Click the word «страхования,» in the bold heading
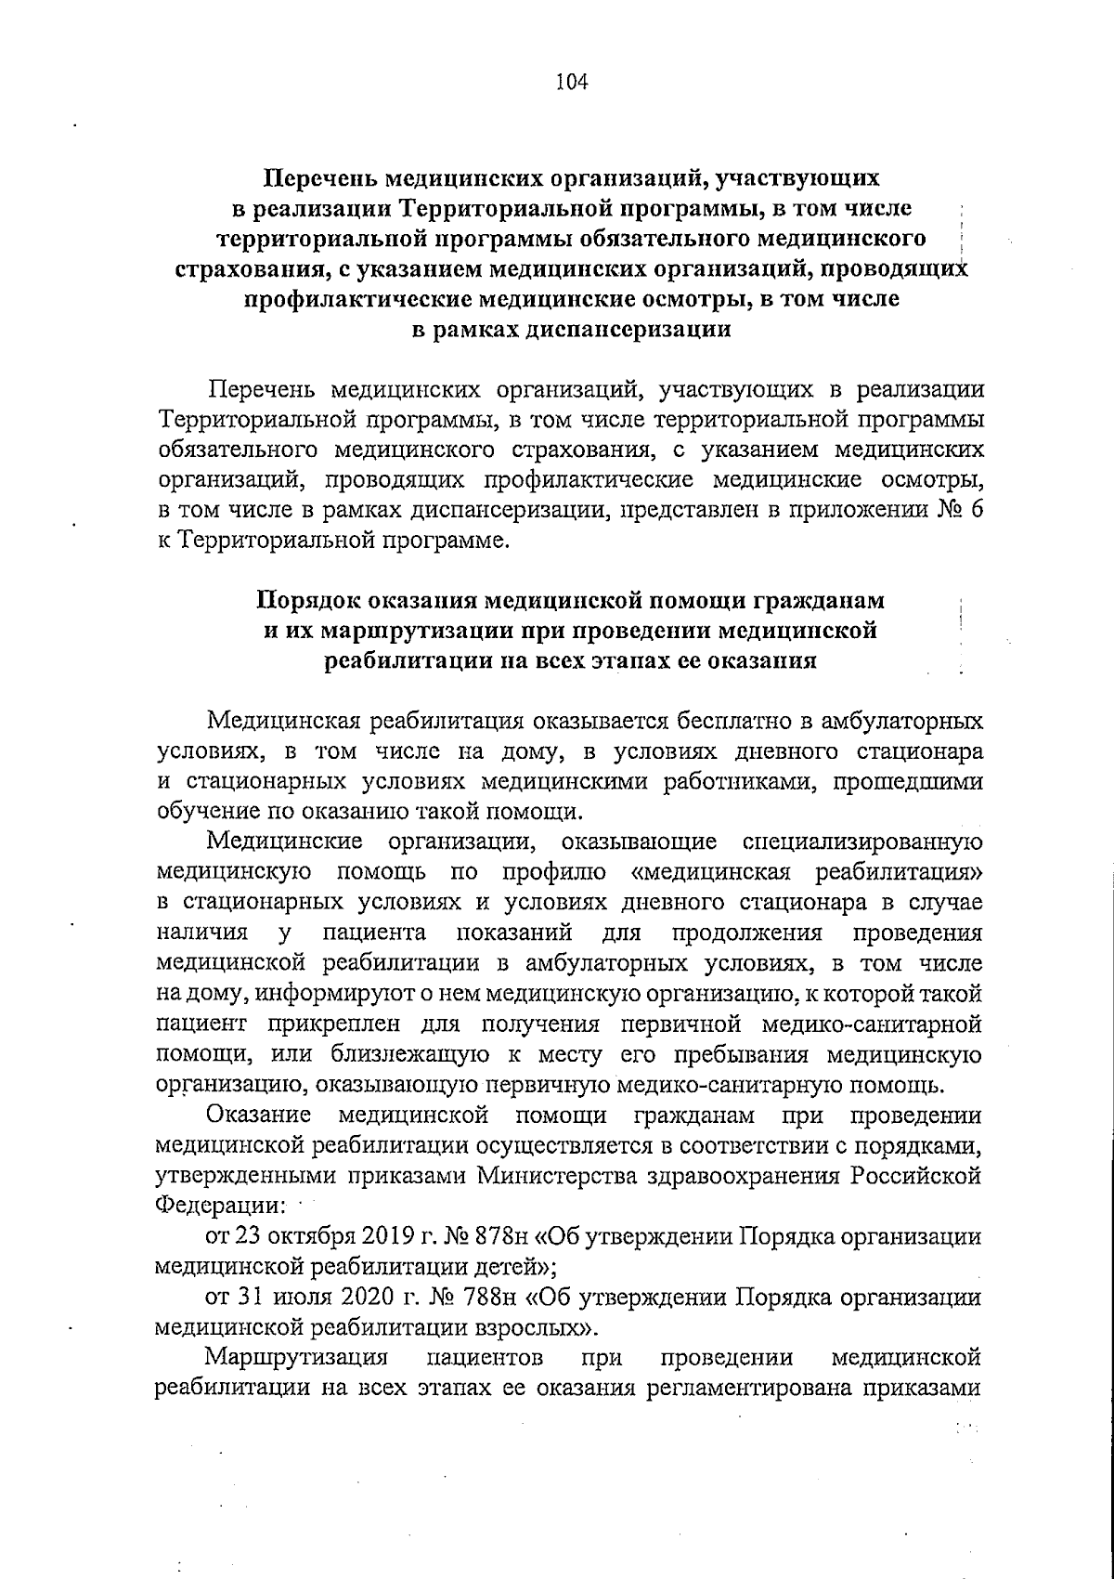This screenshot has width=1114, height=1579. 250,270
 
